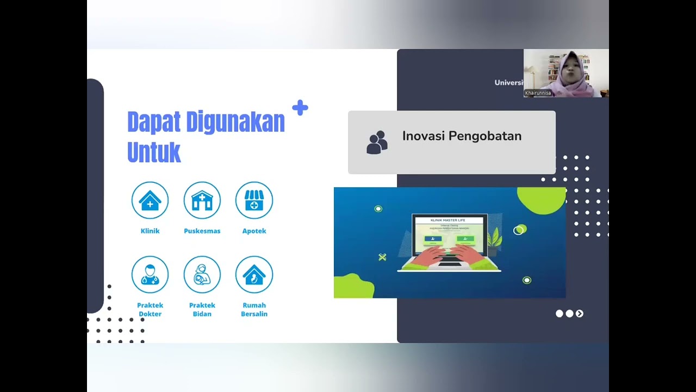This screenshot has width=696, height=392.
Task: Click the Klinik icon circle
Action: [150, 200]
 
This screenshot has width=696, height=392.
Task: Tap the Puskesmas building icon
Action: [202, 200]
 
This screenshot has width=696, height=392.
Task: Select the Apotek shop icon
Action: [254, 200]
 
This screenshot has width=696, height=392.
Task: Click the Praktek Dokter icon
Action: [150, 274]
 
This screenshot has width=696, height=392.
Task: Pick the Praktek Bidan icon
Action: [202, 274]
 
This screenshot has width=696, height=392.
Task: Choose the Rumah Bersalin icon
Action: [254, 274]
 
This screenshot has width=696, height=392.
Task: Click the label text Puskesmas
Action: [202, 231]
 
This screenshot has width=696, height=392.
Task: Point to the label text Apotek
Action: [254, 231]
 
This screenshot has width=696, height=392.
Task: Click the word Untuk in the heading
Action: [154, 152]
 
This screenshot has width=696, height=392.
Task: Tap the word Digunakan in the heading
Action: [235, 122]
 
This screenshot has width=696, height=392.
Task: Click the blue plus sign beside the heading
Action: [300, 108]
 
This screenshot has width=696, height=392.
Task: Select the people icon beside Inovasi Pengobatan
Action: [377, 143]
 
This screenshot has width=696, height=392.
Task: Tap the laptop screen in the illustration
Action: [449, 235]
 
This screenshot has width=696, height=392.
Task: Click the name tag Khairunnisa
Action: [538, 93]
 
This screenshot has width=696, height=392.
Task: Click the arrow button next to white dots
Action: [580, 314]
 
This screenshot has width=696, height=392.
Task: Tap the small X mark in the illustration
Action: [382, 257]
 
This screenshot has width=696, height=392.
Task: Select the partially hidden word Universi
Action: [508, 83]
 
